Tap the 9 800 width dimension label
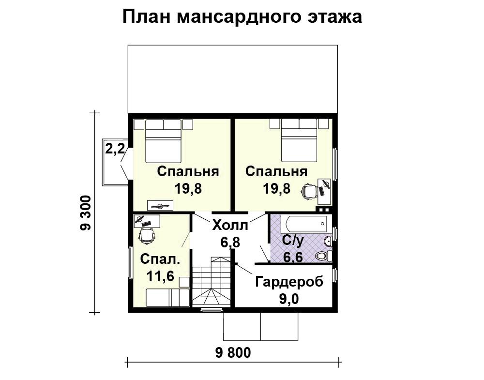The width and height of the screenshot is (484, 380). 233,353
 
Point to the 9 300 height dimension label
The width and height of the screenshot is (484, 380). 85,213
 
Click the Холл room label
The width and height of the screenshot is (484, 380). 230,226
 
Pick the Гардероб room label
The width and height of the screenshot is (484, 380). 289,282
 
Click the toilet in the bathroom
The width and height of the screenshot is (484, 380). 323,256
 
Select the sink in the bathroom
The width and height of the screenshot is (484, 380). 328,241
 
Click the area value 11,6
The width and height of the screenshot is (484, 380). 160,276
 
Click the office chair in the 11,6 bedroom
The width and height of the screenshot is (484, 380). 147,236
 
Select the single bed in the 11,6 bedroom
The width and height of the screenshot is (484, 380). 167,298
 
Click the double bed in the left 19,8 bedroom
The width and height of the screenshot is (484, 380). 163,141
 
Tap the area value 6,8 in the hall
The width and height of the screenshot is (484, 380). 230,243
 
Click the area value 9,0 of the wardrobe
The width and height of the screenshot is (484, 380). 289,299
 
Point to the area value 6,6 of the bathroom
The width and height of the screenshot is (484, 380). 293,257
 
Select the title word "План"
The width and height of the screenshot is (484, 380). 146,16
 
